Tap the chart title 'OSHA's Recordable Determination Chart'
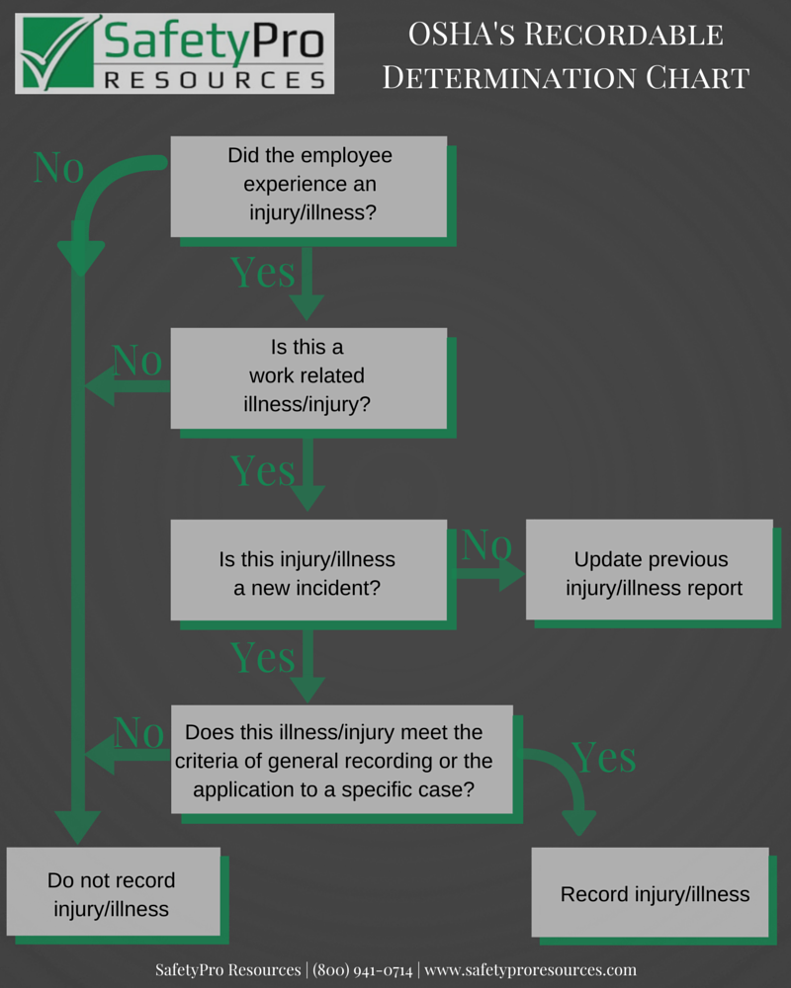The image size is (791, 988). [x=566, y=56]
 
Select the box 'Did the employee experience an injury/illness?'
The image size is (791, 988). [x=308, y=185]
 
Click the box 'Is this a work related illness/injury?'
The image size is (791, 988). [x=308, y=376]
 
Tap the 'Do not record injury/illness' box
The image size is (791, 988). [x=113, y=893]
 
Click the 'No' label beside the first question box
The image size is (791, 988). [x=58, y=167]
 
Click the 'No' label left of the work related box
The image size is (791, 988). [x=136, y=362]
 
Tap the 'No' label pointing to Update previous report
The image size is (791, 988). [x=486, y=543]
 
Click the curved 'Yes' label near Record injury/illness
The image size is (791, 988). [x=603, y=758]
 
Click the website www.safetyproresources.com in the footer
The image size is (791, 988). [x=530, y=969]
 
